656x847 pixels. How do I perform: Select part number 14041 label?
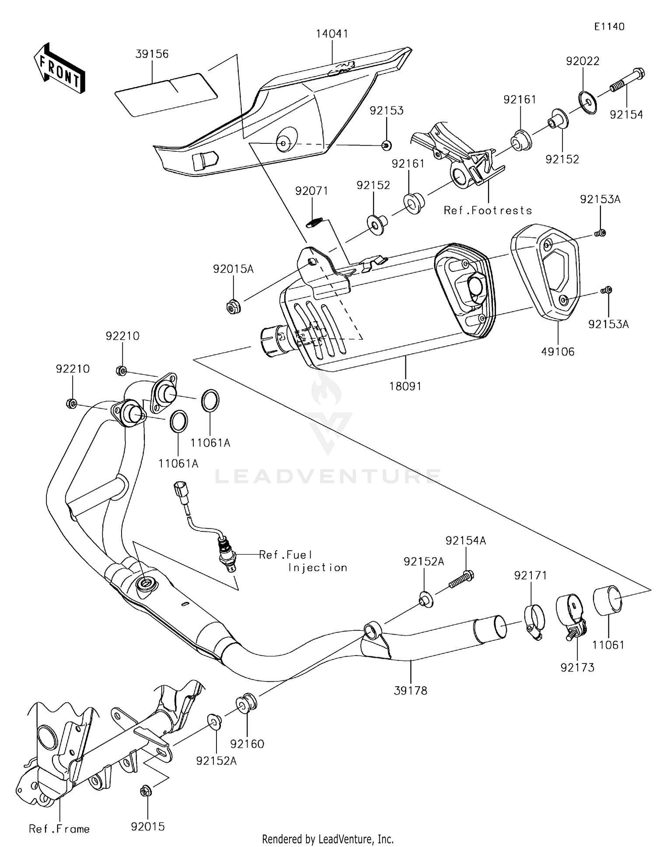332,34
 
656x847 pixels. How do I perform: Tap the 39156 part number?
152,54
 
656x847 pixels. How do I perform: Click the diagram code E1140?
609,27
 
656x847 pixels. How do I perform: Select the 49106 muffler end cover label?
558,351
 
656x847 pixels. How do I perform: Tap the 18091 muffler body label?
405,386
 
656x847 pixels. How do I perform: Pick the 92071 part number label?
311,191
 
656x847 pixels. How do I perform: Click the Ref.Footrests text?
488,211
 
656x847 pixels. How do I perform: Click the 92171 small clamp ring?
534,621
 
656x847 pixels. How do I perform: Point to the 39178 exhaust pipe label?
410,691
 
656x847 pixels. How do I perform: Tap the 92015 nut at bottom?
147,791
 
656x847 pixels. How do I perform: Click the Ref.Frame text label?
59,829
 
